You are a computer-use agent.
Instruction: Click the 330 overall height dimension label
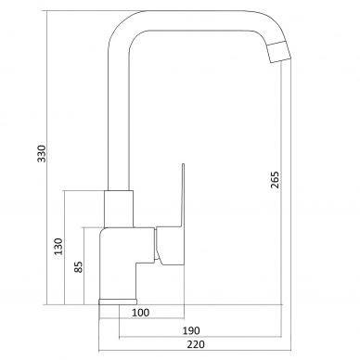click(42, 153)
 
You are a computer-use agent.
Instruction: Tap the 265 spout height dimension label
click(275, 180)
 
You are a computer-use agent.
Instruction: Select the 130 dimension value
click(58, 247)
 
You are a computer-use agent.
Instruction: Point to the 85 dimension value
click(79, 267)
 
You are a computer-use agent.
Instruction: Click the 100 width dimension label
click(141, 313)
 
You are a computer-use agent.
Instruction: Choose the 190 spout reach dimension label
click(191, 330)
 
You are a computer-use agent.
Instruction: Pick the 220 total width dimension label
click(196, 344)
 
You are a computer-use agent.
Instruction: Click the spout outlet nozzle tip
click(279, 52)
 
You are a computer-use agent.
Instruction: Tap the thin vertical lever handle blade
click(183, 195)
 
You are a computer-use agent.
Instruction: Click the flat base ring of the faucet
click(118, 302)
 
